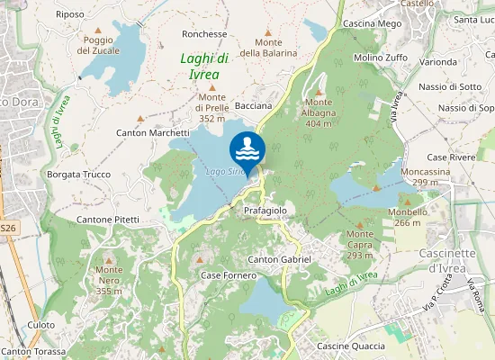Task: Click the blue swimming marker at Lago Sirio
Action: tap(247, 148)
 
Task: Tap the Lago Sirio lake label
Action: tap(225, 171)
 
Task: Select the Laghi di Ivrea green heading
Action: tap(204, 67)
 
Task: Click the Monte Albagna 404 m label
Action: tap(319, 117)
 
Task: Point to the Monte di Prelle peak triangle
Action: tap(212, 87)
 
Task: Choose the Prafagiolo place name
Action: tap(265, 210)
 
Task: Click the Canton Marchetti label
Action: tap(153, 132)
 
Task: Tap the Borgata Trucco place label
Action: tap(78, 175)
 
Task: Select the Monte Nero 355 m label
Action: tap(109, 280)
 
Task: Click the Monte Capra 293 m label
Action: tap(360, 244)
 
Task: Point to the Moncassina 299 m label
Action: tap(425, 176)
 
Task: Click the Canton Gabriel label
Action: tap(279, 259)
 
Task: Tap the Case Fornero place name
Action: tap(229, 274)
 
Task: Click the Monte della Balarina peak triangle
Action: tap(267, 32)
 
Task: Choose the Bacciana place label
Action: tap(254, 105)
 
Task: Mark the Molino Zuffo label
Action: tap(381, 58)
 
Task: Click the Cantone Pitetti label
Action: tap(108, 219)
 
